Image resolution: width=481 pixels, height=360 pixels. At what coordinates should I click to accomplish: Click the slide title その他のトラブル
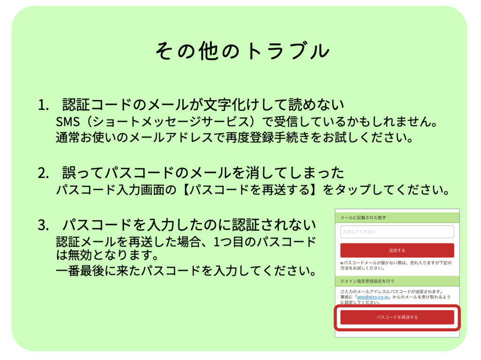click(x=242, y=51)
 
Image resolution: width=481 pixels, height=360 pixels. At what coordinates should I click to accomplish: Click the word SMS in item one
click(x=68, y=122)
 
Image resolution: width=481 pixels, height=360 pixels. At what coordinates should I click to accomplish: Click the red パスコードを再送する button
click(x=397, y=317)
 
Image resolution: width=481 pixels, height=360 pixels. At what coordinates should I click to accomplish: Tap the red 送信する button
click(x=397, y=250)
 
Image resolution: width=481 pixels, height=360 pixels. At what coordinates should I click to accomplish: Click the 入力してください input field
click(x=397, y=232)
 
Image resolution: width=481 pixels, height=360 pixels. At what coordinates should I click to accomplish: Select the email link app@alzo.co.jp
click(x=372, y=297)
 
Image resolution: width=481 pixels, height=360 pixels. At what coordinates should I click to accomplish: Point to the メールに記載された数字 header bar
click(x=397, y=218)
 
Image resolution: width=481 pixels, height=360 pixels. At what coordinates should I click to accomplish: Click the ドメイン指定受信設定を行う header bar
click(x=397, y=281)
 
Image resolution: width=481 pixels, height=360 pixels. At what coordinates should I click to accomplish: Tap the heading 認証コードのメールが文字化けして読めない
click(x=203, y=105)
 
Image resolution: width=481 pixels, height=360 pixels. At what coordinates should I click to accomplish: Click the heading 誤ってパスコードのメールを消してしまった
click(x=203, y=173)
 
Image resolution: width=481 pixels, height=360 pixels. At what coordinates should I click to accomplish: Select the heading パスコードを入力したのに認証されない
click(x=189, y=225)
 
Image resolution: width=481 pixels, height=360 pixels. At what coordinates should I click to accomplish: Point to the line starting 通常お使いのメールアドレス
click(x=234, y=138)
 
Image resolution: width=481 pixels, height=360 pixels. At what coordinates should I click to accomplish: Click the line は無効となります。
click(x=108, y=255)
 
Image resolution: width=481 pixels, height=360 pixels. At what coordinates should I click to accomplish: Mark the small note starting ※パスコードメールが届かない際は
click(x=396, y=266)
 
